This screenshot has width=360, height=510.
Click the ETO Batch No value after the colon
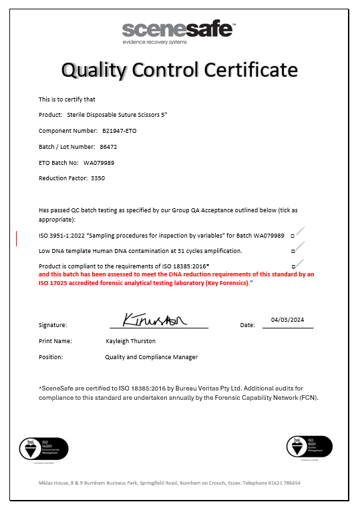coord(99,162)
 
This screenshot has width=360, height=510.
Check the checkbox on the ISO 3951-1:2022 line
coord(293,236)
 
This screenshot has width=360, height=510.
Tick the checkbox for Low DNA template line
coord(293,251)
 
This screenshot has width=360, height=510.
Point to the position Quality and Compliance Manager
coord(151,357)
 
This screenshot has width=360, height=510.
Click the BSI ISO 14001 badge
coord(43,448)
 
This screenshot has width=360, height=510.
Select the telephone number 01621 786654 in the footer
coord(284,483)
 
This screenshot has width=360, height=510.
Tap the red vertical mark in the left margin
coord(16,238)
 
